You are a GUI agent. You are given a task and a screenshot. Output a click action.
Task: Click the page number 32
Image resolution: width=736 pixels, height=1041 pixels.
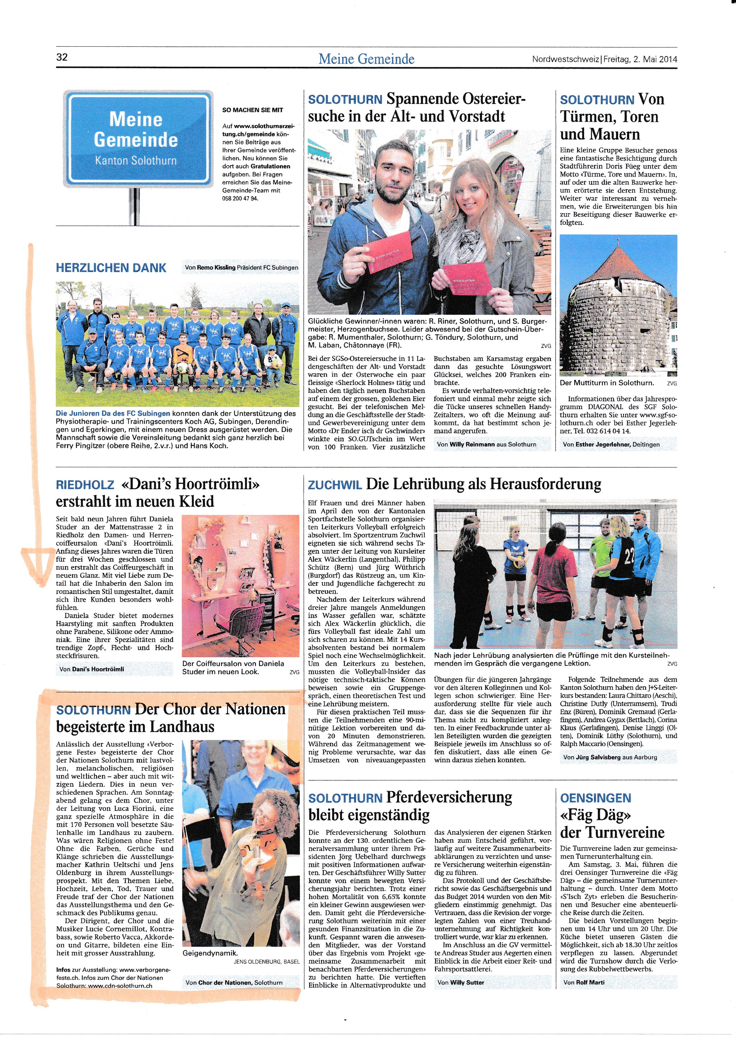(62, 57)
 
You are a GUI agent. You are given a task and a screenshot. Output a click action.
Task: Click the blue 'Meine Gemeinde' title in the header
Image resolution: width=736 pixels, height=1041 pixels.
(366, 59)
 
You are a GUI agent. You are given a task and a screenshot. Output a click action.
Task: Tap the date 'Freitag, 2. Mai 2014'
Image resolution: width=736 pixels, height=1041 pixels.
(640, 59)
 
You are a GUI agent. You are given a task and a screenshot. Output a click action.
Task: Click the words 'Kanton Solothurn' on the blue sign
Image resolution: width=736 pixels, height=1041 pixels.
(135, 161)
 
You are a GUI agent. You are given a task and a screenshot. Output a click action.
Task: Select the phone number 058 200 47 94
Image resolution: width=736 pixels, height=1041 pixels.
(240, 198)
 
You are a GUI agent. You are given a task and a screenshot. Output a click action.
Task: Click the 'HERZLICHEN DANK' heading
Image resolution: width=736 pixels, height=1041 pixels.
(111, 268)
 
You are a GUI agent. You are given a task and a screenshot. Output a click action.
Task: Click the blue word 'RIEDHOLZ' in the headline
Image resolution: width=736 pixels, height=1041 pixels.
(85, 485)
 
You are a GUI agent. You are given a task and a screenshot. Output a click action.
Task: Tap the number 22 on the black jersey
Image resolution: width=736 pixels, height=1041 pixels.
(629, 556)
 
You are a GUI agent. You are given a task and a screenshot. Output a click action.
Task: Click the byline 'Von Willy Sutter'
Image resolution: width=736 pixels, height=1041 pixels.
(460, 982)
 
